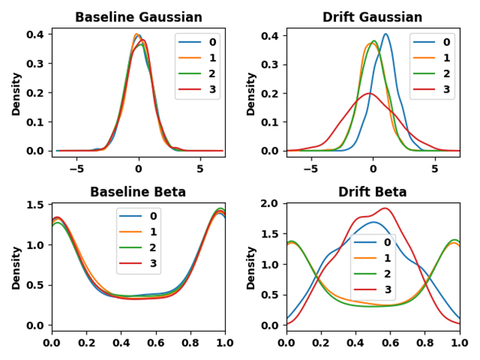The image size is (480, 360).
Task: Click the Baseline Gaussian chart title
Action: coord(139,17)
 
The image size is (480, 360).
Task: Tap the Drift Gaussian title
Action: coord(373,17)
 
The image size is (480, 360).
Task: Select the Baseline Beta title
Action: coord(139,191)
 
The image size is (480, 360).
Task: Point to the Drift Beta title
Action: coord(373,191)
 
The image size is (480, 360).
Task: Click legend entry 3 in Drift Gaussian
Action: coord(446,90)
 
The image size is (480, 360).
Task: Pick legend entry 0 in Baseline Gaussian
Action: coord(211,41)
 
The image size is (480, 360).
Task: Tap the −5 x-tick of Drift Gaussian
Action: coord(311,169)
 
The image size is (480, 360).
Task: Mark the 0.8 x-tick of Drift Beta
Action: coord(425,344)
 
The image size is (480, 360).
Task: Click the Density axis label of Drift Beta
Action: coord(251,267)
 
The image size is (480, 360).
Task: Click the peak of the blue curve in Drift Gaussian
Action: coord(385,34)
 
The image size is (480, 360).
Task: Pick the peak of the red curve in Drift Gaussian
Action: coord(370,93)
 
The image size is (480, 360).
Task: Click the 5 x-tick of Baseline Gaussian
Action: coord(200,169)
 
